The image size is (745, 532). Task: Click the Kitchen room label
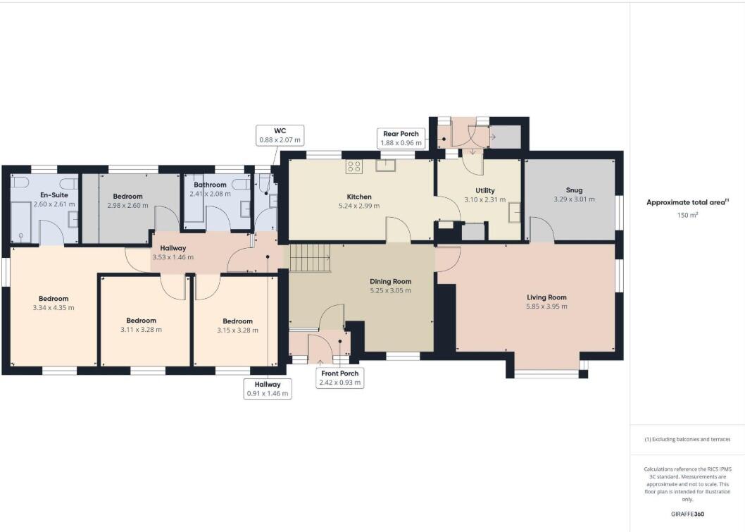point(358,197)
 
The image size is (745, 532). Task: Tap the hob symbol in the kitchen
point(353,167)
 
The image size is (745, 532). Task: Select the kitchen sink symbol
point(387,166)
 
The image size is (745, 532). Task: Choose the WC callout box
point(279,135)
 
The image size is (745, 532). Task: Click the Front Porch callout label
point(341,378)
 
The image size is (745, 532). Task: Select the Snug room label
point(574,190)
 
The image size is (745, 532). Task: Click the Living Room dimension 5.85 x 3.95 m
point(546,307)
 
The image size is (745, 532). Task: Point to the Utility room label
point(484,190)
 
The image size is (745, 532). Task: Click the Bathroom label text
point(210,185)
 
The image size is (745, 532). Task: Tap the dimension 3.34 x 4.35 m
point(54,308)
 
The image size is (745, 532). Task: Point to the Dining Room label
point(391,281)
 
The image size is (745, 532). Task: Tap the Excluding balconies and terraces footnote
point(687,439)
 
